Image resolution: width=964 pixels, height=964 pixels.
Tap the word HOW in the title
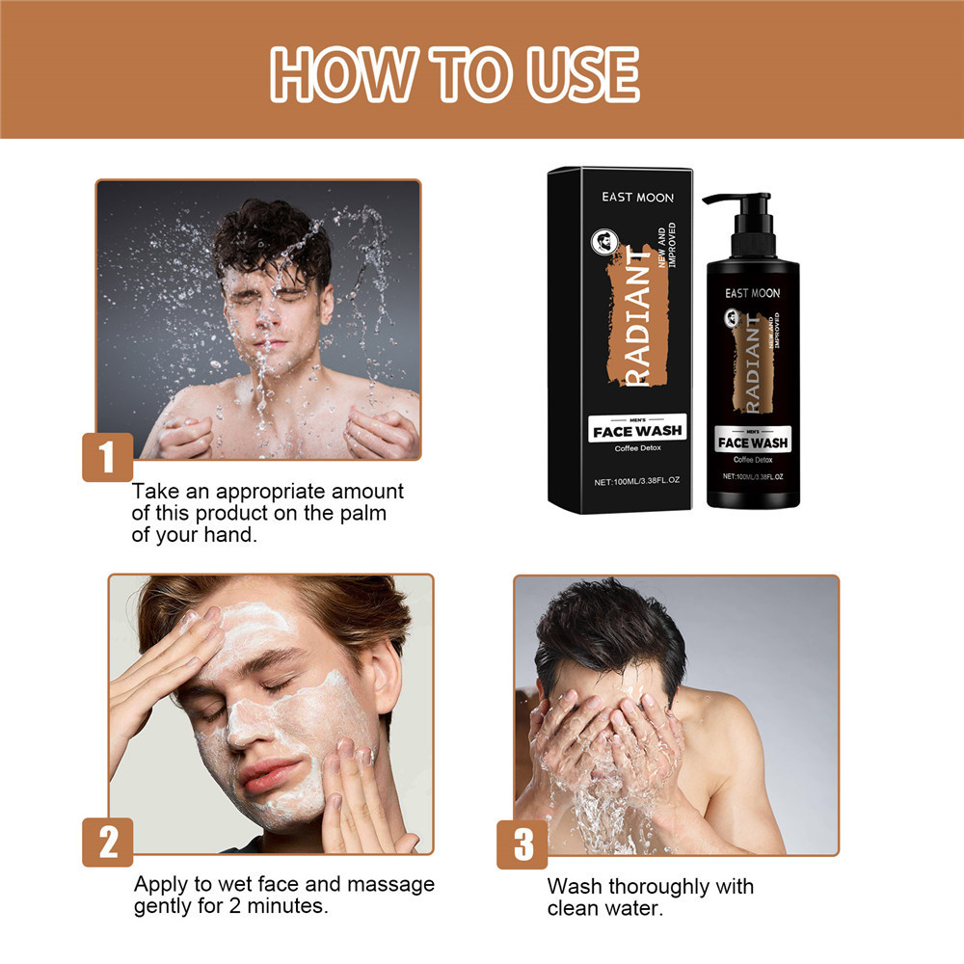click(x=342, y=74)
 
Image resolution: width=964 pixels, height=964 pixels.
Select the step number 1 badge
click(x=108, y=457)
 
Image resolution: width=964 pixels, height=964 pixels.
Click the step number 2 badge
click(x=108, y=843)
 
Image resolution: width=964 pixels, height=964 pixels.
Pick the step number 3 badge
click(x=522, y=844)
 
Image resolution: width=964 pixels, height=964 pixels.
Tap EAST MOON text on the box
click(x=637, y=198)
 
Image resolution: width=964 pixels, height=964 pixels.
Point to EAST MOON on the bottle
click(x=752, y=293)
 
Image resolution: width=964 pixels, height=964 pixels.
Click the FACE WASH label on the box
click(x=637, y=430)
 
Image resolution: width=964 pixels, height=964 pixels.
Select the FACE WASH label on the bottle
click(x=753, y=442)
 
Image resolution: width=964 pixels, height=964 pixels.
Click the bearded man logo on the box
click(x=604, y=242)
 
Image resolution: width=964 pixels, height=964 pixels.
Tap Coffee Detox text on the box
click(x=637, y=448)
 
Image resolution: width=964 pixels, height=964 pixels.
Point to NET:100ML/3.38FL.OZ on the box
click(x=637, y=481)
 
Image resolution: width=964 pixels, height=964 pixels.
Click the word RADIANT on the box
click(x=637, y=316)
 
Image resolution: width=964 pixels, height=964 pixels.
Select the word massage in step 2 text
click(x=390, y=884)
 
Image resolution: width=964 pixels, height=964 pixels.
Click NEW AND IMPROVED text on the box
click(x=666, y=245)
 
